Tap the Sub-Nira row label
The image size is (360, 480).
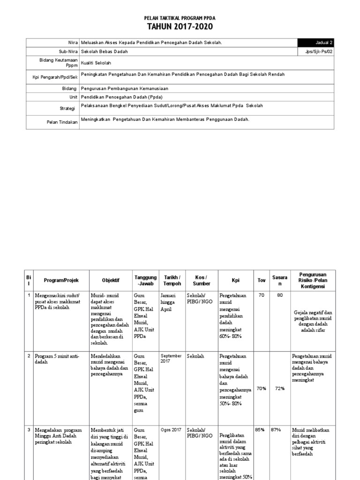coord(67,52)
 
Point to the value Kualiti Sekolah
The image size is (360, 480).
coord(97,62)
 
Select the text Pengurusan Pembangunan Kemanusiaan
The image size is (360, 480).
coord(124,88)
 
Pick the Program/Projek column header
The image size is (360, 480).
coord(61,280)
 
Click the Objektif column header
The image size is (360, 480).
coord(111,280)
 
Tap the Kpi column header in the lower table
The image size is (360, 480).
coord(235,280)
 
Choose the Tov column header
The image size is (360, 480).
coord(261,280)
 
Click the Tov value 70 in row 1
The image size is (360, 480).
coord(261,296)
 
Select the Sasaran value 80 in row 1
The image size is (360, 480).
coord(280,296)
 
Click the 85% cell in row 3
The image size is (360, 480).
coord(261,429)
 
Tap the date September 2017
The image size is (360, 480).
coord(171,359)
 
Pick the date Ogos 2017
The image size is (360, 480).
coord(171,430)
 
